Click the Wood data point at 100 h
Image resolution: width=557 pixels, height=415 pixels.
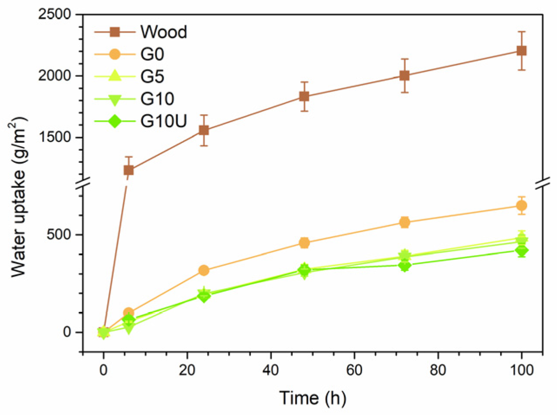pyautogui.click(x=521, y=51)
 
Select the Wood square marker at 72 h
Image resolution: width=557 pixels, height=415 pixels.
pyautogui.click(x=405, y=76)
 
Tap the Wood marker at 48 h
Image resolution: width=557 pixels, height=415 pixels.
pyautogui.click(x=304, y=96)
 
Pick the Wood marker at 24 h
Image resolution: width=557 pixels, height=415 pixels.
pyautogui.click(x=204, y=130)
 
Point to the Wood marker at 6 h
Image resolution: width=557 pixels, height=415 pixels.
pyautogui.click(x=129, y=170)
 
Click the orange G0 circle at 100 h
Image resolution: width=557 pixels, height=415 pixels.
pyautogui.click(x=521, y=206)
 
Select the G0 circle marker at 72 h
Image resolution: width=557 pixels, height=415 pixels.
pyautogui.click(x=405, y=222)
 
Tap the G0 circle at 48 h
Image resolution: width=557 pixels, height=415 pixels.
pyautogui.click(x=304, y=243)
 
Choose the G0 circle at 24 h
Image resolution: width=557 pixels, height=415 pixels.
pyautogui.click(x=204, y=270)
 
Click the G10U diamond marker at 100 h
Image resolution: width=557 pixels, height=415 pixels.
pyautogui.click(x=521, y=250)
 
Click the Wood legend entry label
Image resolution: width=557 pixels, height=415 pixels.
pyautogui.click(x=164, y=32)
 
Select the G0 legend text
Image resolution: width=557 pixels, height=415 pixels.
pyautogui.click(x=152, y=54)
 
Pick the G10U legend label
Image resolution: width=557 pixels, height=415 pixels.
pyautogui.click(x=164, y=121)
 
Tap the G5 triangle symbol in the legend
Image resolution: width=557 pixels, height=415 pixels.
pyautogui.click(x=115, y=76)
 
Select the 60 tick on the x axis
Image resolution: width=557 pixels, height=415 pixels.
pyautogui.click(x=354, y=370)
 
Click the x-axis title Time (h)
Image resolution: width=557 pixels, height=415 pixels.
pyautogui.click(x=312, y=397)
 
